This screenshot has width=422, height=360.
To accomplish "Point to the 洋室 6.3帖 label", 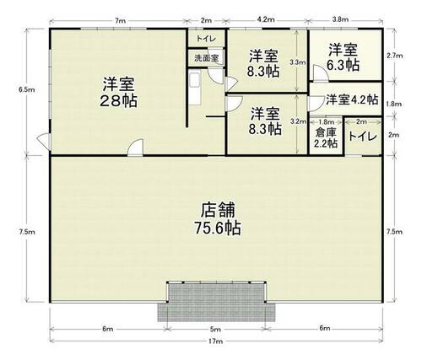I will [x=344, y=57].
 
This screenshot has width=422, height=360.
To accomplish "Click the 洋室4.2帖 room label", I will [x=352, y=99].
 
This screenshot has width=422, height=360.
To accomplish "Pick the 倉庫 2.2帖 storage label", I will [x=325, y=137].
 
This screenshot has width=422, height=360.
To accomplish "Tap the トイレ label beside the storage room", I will [x=362, y=136].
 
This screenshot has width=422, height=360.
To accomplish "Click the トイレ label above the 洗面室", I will [x=203, y=39].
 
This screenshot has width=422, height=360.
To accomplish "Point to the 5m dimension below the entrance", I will [x=216, y=328].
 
